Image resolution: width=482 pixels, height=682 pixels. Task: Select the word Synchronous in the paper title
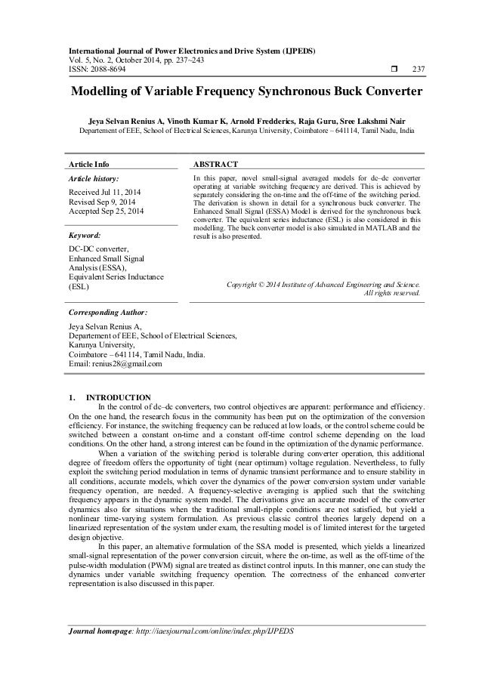tap(285, 96)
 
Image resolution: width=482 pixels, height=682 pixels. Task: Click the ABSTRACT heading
tap(216, 163)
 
